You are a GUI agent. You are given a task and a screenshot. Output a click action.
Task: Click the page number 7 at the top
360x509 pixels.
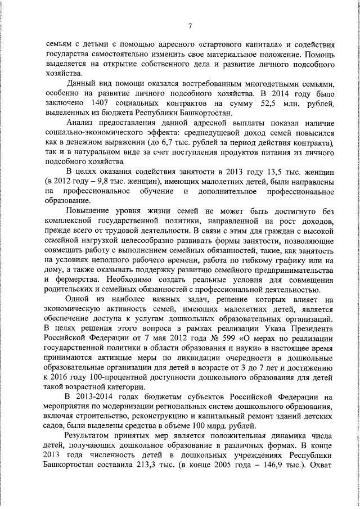tap(190, 25)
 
